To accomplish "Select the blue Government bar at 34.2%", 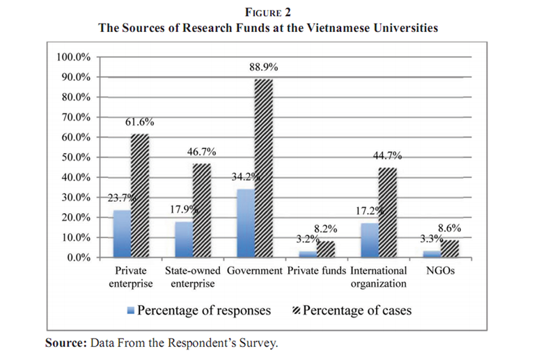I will coord(246,223).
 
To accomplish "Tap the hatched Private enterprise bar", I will coord(140,196).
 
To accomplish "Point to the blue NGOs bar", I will coord(432,254).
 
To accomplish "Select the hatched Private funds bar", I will coord(325,249).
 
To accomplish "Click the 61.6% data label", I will coord(140,123).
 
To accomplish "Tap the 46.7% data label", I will coord(202,152).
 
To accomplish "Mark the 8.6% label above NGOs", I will coord(448,228).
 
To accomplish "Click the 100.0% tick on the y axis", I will coord(73,56).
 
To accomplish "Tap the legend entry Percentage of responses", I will coord(204,310).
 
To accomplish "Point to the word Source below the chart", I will coord(61,343).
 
